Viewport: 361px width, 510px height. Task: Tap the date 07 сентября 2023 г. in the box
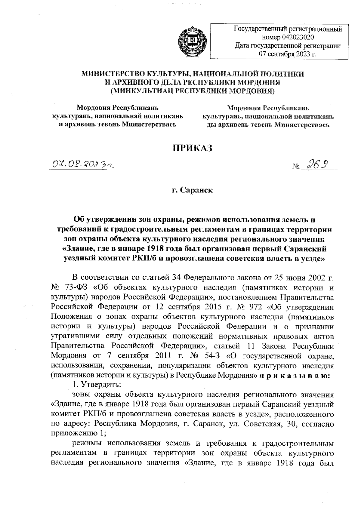tap(288, 54)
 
